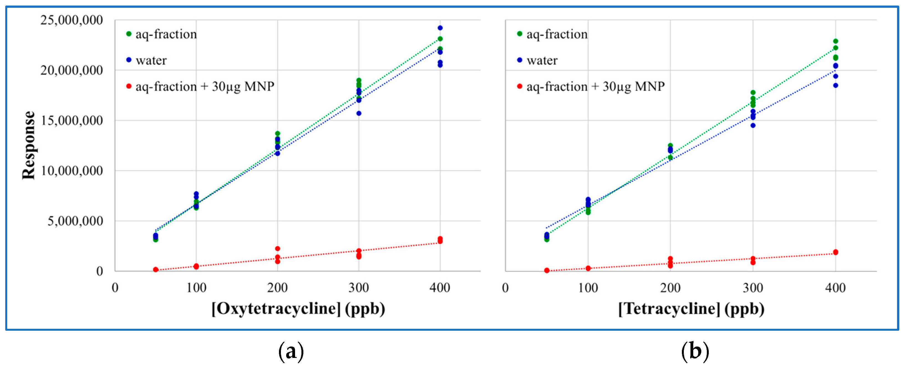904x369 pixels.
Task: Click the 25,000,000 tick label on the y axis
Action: pyautogui.click(x=72, y=20)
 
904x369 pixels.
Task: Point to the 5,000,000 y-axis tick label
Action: pyautogui.click(x=75, y=221)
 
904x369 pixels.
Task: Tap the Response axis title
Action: pyautogui.click(x=29, y=145)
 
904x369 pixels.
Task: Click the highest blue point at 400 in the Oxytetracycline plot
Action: pyautogui.click(x=440, y=28)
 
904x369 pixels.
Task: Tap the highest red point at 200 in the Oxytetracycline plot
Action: pyautogui.click(x=278, y=249)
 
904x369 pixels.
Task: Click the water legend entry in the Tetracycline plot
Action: pyautogui.click(x=542, y=60)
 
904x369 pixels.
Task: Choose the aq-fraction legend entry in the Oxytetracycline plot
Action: pyautogui.click(x=166, y=34)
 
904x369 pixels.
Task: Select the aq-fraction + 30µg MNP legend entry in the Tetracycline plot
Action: pyautogui.click(x=595, y=86)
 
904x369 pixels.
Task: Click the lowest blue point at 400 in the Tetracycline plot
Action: pyautogui.click(x=836, y=85)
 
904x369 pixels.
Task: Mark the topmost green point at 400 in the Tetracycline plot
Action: pyautogui.click(x=836, y=41)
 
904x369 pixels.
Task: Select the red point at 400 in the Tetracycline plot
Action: pyautogui.click(x=836, y=252)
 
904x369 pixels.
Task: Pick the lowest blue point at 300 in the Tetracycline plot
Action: pyautogui.click(x=753, y=125)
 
